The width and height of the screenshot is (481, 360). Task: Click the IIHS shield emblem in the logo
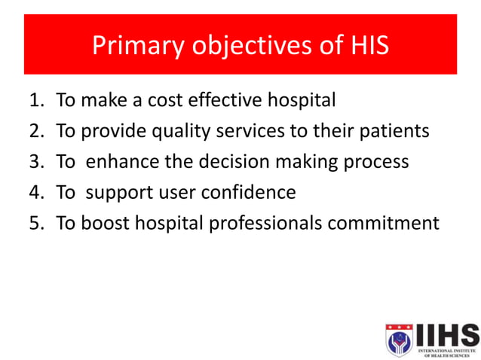[399, 339]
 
